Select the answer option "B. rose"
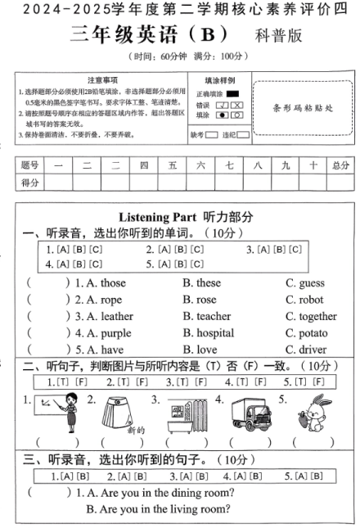point(200,300)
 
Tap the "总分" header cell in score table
point(340,165)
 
